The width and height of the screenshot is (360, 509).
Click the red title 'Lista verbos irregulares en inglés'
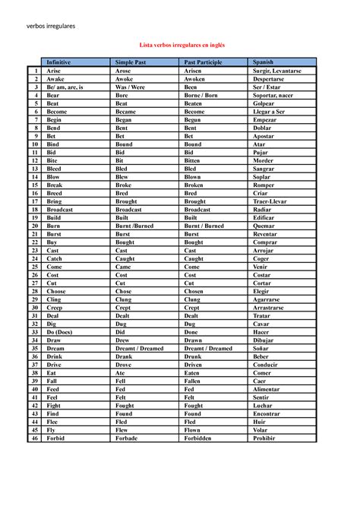pyautogui.click(x=180, y=46)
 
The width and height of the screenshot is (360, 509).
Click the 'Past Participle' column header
pyautogui.click(x=203, y=62)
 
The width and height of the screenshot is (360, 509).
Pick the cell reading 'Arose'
pyautogui.click(x=123, y=70)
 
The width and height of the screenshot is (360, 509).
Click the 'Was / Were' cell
pyautogui.click(x=130, y=87)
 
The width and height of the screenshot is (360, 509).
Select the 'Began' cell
pyautogui.click(x=124, y=120)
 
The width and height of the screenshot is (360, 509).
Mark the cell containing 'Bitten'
pyautogui.click(x=194, y=161)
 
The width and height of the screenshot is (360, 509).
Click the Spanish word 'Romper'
pyautogui.click(x=264, y=185)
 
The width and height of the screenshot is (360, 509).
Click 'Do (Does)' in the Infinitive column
pyautogui.click(x=61, y=332)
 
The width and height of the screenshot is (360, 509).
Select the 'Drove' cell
pyautogui.click(x=123, y=365)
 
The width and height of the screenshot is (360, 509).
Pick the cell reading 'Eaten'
pyautogui.click(x=193, y=373)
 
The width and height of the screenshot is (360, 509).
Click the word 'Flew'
pyautogui.click(x=122, y=430)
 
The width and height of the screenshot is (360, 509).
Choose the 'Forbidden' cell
pyautogui.click(x=201, y=438)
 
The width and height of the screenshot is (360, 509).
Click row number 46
pyautogui.click(x=35, y=438)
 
